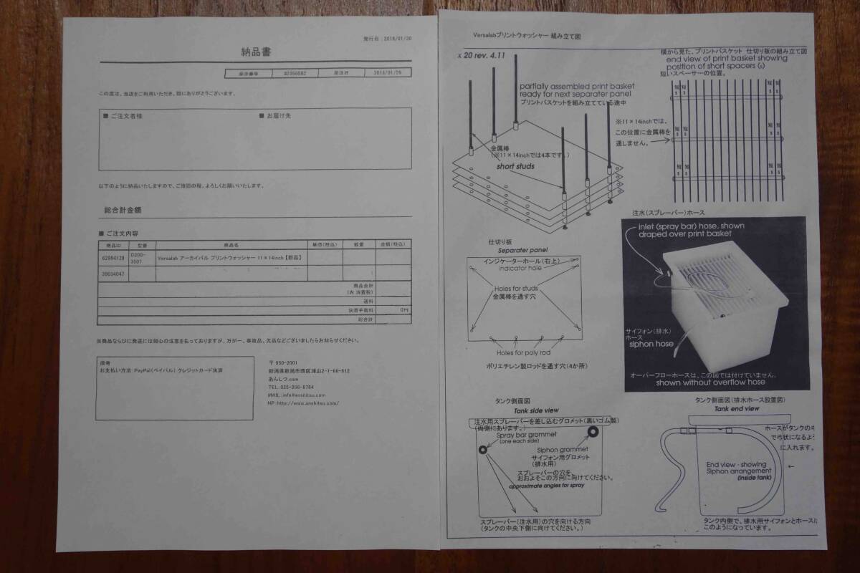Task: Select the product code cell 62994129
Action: [113, 258]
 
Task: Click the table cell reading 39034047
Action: [113, 273]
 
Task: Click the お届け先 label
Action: [278, 115]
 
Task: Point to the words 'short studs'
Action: [515, 166]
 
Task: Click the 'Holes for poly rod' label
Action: [523, 352]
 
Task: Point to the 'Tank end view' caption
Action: [737, 408]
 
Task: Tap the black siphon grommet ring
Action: [593, 431]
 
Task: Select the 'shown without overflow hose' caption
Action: [706, 382]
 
